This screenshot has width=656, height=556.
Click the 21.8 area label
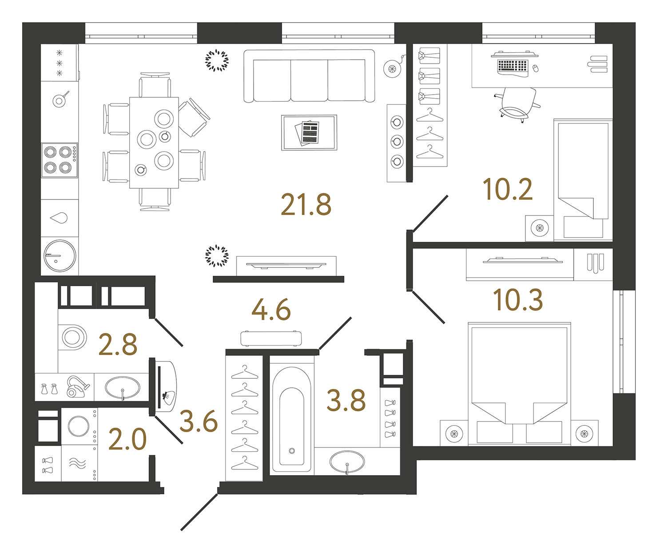pos(306,205)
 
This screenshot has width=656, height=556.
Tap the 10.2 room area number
pos(507,190)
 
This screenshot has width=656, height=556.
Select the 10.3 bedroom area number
pos(518,300)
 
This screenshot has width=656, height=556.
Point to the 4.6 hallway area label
pos(271,310)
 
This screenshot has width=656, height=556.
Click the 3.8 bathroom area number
pos(346,401)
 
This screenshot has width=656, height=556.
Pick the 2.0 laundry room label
pos(127,440)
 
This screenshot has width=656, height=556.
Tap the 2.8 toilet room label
pos(118,345)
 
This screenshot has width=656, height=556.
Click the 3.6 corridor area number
pos(199,422)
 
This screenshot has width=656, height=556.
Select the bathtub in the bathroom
pos(291,420)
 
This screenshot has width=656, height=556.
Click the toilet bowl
pos(72,338)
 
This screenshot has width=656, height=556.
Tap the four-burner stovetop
pos(60,160)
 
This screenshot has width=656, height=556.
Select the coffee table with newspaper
pos(309,133)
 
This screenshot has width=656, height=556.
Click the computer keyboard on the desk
pos(513,66)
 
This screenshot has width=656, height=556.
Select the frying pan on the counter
pos(60,100)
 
